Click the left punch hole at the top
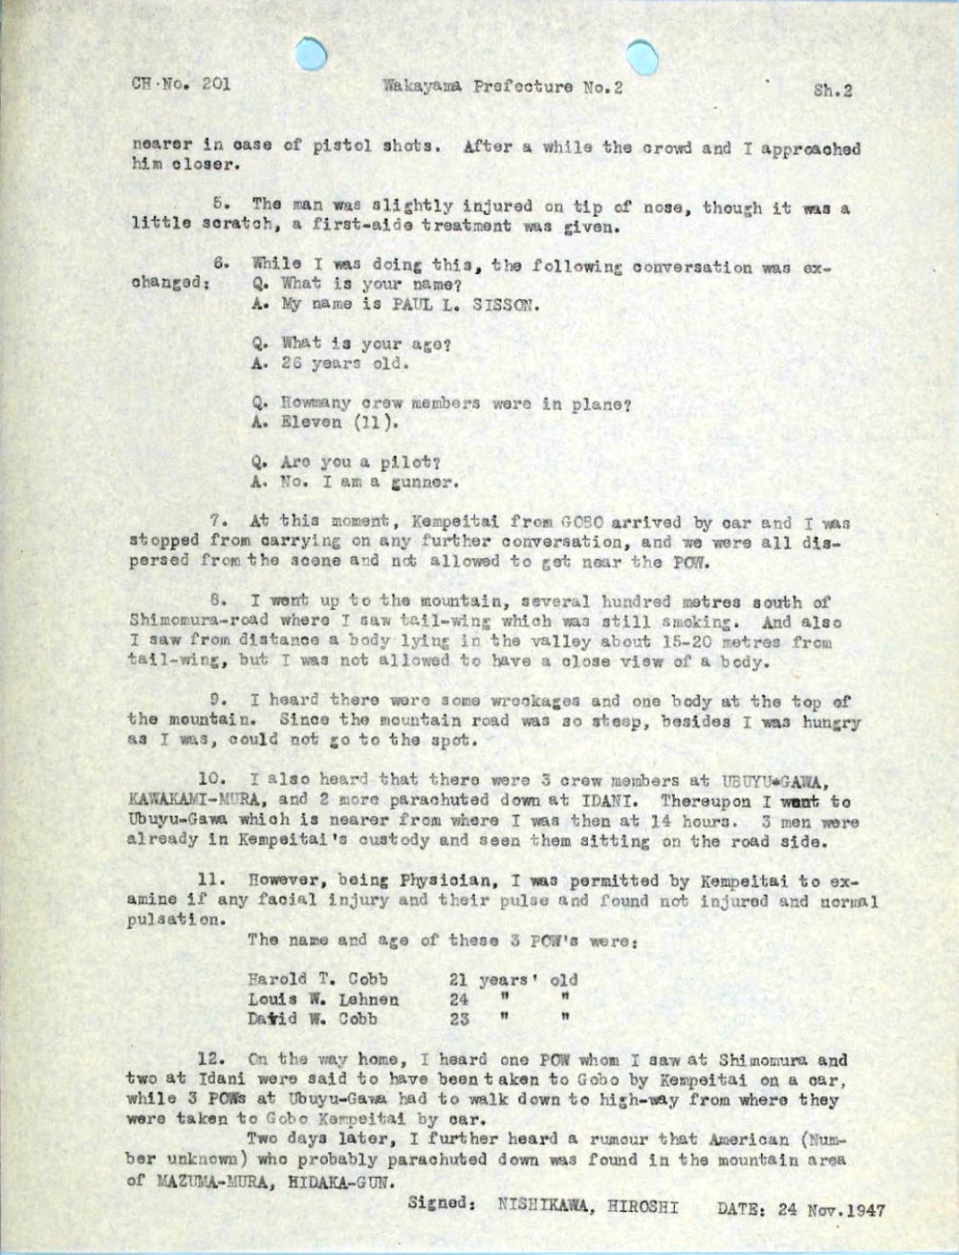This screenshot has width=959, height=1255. click(312, 54)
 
